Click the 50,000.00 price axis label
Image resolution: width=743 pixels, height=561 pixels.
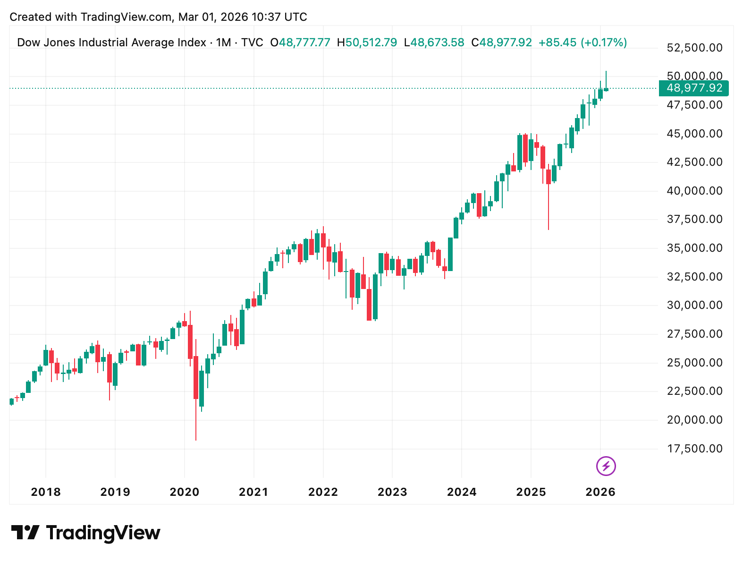tap(694, 76)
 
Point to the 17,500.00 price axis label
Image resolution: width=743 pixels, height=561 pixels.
tap(694, 449)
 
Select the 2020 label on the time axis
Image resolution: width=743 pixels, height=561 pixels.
tap(184, 492)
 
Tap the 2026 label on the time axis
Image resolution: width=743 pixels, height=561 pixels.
tap(600, 492)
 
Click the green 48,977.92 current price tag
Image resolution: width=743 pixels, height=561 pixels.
tap(694, 88)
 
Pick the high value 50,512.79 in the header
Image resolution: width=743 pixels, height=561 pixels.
tap(371, 42)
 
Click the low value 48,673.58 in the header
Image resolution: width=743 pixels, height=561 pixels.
tap(437, 42)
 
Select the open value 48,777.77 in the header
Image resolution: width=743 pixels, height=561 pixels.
tap(304, 42)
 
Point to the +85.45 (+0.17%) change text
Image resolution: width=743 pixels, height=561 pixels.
tap(583, 42)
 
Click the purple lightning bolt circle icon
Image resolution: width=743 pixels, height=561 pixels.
tap(606, 466)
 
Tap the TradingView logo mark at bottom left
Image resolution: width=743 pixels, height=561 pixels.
tap(25, 533)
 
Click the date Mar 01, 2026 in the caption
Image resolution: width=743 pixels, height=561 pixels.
tap(213, 17)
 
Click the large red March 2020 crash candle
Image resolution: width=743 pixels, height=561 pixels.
tap(196, 378)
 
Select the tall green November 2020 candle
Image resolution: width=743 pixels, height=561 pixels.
tap(242, 327)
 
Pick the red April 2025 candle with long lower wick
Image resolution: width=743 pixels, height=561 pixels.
tap(549, 177)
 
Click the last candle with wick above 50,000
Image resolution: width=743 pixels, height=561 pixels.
tap(606, 89)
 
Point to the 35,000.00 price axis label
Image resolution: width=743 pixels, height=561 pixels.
tap(694, 248)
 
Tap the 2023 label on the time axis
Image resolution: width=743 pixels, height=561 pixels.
tap(392, 492)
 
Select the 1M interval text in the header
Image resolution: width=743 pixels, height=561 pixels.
tap(223, 42)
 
